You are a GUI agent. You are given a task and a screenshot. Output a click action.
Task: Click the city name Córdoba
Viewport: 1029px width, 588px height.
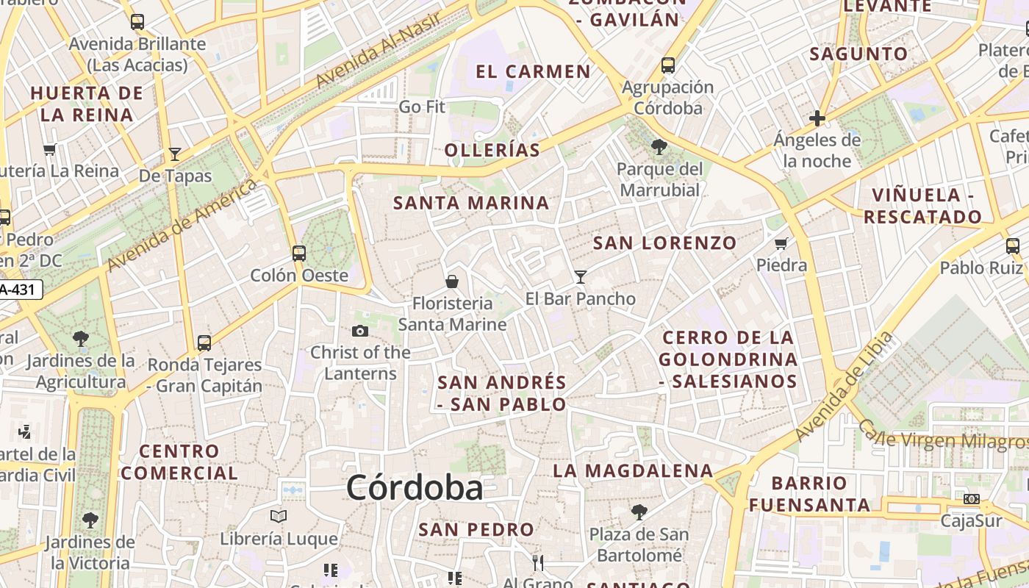tap(415, 488)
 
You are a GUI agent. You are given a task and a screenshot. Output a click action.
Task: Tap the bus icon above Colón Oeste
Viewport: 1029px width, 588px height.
tap(299, 253)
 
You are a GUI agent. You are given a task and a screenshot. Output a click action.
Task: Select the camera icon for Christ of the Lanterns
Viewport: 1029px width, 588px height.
tap(360, 331)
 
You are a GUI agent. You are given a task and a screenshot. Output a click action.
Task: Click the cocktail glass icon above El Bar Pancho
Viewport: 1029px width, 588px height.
tap(581, 276)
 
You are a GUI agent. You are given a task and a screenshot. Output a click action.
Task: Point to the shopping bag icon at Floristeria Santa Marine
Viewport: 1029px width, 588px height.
tap(452, 281)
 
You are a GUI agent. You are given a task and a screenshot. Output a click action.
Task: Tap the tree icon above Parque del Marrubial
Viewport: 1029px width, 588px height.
tap(659, 147)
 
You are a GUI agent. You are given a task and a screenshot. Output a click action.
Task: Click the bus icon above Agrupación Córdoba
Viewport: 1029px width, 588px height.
tap(668, 65)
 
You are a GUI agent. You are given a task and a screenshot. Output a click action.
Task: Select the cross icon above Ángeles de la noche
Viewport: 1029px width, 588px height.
tap(817, 118)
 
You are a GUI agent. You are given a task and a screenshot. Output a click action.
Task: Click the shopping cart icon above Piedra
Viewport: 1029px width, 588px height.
tap(781, 243)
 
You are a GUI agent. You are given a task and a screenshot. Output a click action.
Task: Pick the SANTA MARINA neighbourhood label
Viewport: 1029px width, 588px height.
tap(471, 203)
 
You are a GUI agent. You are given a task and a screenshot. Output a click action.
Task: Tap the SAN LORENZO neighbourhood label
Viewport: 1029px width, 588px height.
tap(664, 243)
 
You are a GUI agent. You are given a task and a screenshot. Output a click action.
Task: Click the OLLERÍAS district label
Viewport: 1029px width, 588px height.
tap(492, 151)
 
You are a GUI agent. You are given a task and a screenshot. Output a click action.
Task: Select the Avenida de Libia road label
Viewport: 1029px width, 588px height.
tap(846, 387)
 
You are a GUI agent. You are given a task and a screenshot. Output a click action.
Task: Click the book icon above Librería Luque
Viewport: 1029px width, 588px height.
tap(279, 516)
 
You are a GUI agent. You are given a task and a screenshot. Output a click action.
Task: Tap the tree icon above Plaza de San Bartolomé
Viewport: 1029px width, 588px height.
tap(639, 512)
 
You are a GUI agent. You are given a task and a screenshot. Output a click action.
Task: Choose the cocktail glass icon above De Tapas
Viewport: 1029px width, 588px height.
tap(175, 154)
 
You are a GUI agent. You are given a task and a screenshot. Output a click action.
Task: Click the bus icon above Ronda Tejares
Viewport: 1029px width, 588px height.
tap(204, 343)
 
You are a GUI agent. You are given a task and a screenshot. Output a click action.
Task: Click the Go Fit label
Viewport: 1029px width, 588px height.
tap(422, 107)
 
